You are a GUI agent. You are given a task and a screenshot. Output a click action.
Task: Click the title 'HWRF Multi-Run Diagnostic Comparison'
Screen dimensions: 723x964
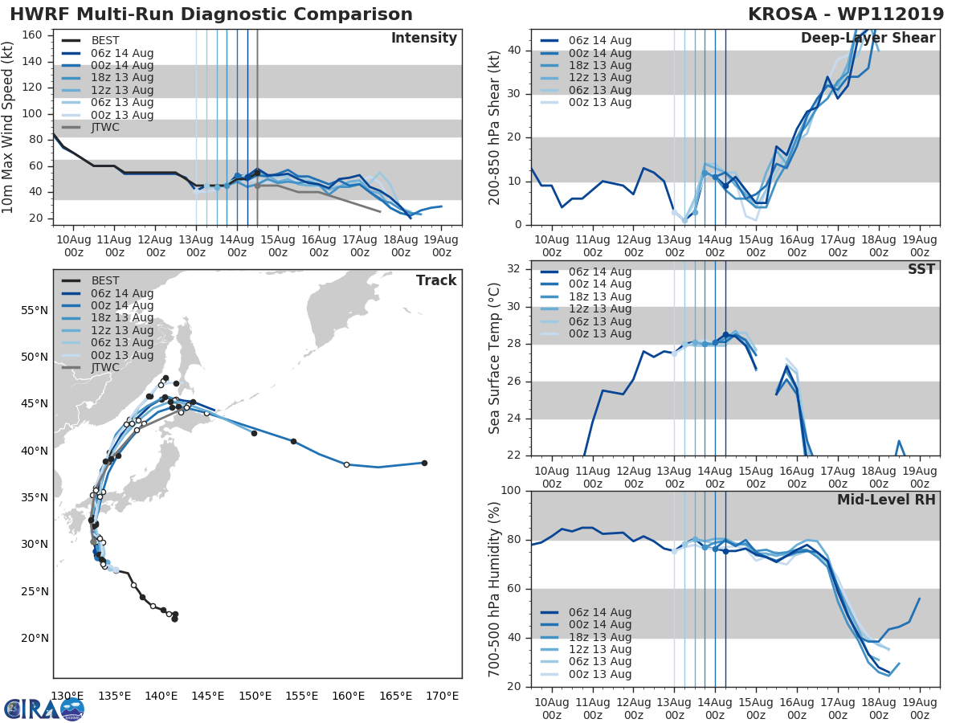tap(211, 14)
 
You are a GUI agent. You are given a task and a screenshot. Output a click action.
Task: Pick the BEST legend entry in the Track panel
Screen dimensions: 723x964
tap(105, 280)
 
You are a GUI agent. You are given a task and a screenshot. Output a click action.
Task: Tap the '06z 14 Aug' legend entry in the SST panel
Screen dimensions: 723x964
tap(599, 272)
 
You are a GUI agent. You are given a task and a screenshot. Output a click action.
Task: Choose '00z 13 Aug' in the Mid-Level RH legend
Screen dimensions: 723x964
tap(599, 674)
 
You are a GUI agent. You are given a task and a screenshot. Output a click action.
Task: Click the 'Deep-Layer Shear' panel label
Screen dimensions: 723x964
tap(868, 39)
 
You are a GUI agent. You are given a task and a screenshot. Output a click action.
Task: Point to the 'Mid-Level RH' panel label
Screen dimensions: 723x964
tap(886, 500)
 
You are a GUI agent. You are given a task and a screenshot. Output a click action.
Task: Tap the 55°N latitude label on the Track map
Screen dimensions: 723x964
tap(34, 310)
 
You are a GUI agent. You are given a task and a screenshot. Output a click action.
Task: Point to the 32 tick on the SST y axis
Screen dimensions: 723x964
tap(513, 269)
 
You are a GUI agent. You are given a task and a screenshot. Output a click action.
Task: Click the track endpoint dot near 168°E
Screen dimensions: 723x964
tap(424, 463)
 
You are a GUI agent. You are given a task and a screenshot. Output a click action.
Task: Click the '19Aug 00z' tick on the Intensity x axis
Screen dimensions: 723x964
tap(441, 244)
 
